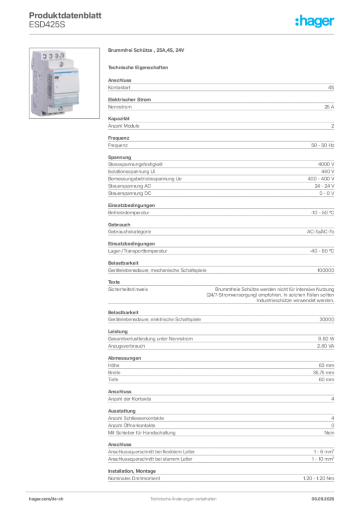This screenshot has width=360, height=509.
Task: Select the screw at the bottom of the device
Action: click(x=46, y=112)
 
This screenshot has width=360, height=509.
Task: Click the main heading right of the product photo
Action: click(x=147, y=51)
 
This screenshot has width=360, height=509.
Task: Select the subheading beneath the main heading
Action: click(x=140, y=67)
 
